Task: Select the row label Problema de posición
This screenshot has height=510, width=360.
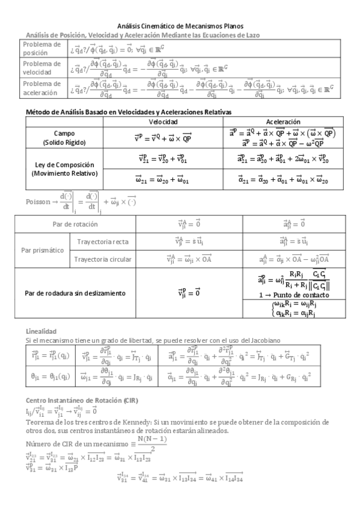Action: [41, 48]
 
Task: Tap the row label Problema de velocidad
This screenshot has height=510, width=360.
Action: [41, 68]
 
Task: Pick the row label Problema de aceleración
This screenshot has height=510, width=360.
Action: [41, 88]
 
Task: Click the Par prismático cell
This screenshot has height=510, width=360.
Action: [43, 250]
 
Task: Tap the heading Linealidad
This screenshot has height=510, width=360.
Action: [41, 331]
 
